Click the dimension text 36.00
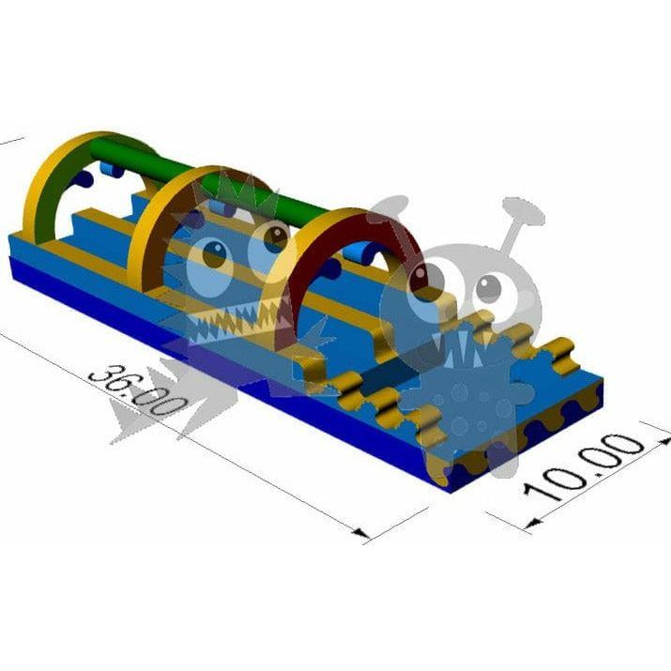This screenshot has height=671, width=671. tap(138, 391)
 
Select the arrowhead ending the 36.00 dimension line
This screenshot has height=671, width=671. tap(360, 533)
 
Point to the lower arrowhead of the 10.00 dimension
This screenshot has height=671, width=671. tap(533, 523)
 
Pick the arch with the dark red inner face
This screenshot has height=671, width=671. tap(338, 274)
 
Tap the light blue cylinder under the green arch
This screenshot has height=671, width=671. tap(112, 169)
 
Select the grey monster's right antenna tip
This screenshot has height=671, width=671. tap(524, 210)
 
